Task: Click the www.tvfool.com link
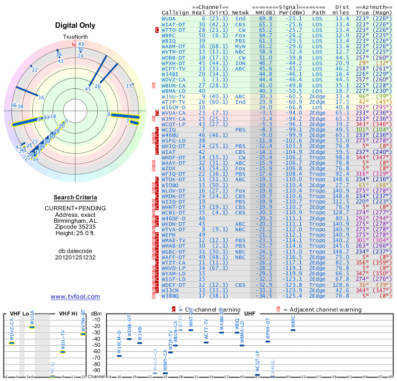75,297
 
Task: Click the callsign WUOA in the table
169,18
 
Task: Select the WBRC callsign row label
169,36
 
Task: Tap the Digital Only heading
75,25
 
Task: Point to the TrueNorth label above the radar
75,37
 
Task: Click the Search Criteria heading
75,197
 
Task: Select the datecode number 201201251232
75,257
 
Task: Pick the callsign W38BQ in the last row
170,296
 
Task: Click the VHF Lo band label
19,314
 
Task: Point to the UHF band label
251,314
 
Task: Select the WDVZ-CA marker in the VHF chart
11,343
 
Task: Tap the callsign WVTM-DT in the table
173,52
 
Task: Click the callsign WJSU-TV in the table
173,96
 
